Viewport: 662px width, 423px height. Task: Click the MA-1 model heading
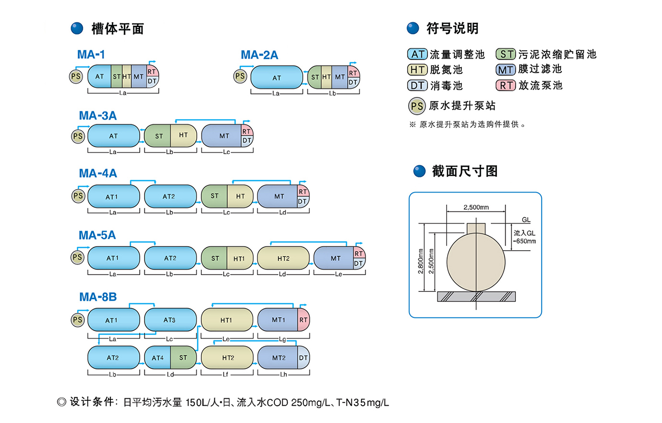pos(91,54)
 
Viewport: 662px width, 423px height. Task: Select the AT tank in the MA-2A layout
pos(277,77)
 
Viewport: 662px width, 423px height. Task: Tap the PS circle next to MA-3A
pos(78,136)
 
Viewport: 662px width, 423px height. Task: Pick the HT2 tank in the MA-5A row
pos(283,258)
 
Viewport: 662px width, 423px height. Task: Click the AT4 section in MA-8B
pos(157,358)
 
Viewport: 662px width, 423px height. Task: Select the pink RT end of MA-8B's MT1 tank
pos(304,320)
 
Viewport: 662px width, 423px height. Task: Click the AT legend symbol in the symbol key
pos(417,54)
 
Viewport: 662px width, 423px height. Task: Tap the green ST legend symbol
pos(506,54)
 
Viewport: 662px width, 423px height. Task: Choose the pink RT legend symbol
pos(506,85)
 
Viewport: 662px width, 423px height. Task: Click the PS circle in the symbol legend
pos(417,106)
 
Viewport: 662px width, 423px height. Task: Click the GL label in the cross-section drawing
pos(526,220)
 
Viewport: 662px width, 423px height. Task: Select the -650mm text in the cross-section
pos(524,241)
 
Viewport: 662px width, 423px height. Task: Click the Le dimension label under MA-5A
pos(339,274)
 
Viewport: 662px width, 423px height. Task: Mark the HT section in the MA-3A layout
pos(184,135)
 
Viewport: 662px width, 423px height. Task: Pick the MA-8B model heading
pos(98,297)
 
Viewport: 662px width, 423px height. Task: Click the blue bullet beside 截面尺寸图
pos(419,171)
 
